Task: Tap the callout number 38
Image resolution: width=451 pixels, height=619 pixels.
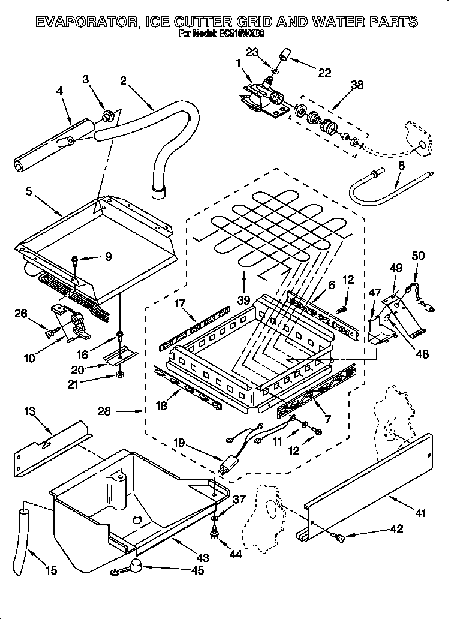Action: point(356,85)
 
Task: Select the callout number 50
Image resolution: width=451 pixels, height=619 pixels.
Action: point(417,256)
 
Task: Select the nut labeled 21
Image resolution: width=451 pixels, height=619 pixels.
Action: point(120,375)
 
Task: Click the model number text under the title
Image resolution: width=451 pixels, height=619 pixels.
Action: point(222,35)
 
